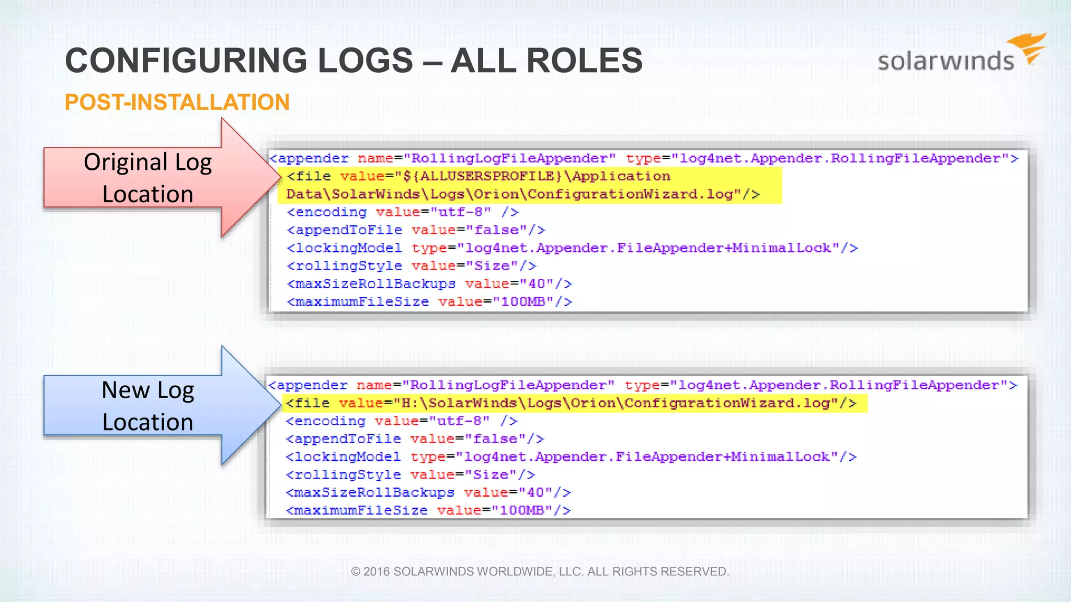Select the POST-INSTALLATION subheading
click(177, 102)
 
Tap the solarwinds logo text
click(945, 61)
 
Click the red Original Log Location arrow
click(157, 178)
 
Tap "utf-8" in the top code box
click(461, 212)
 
